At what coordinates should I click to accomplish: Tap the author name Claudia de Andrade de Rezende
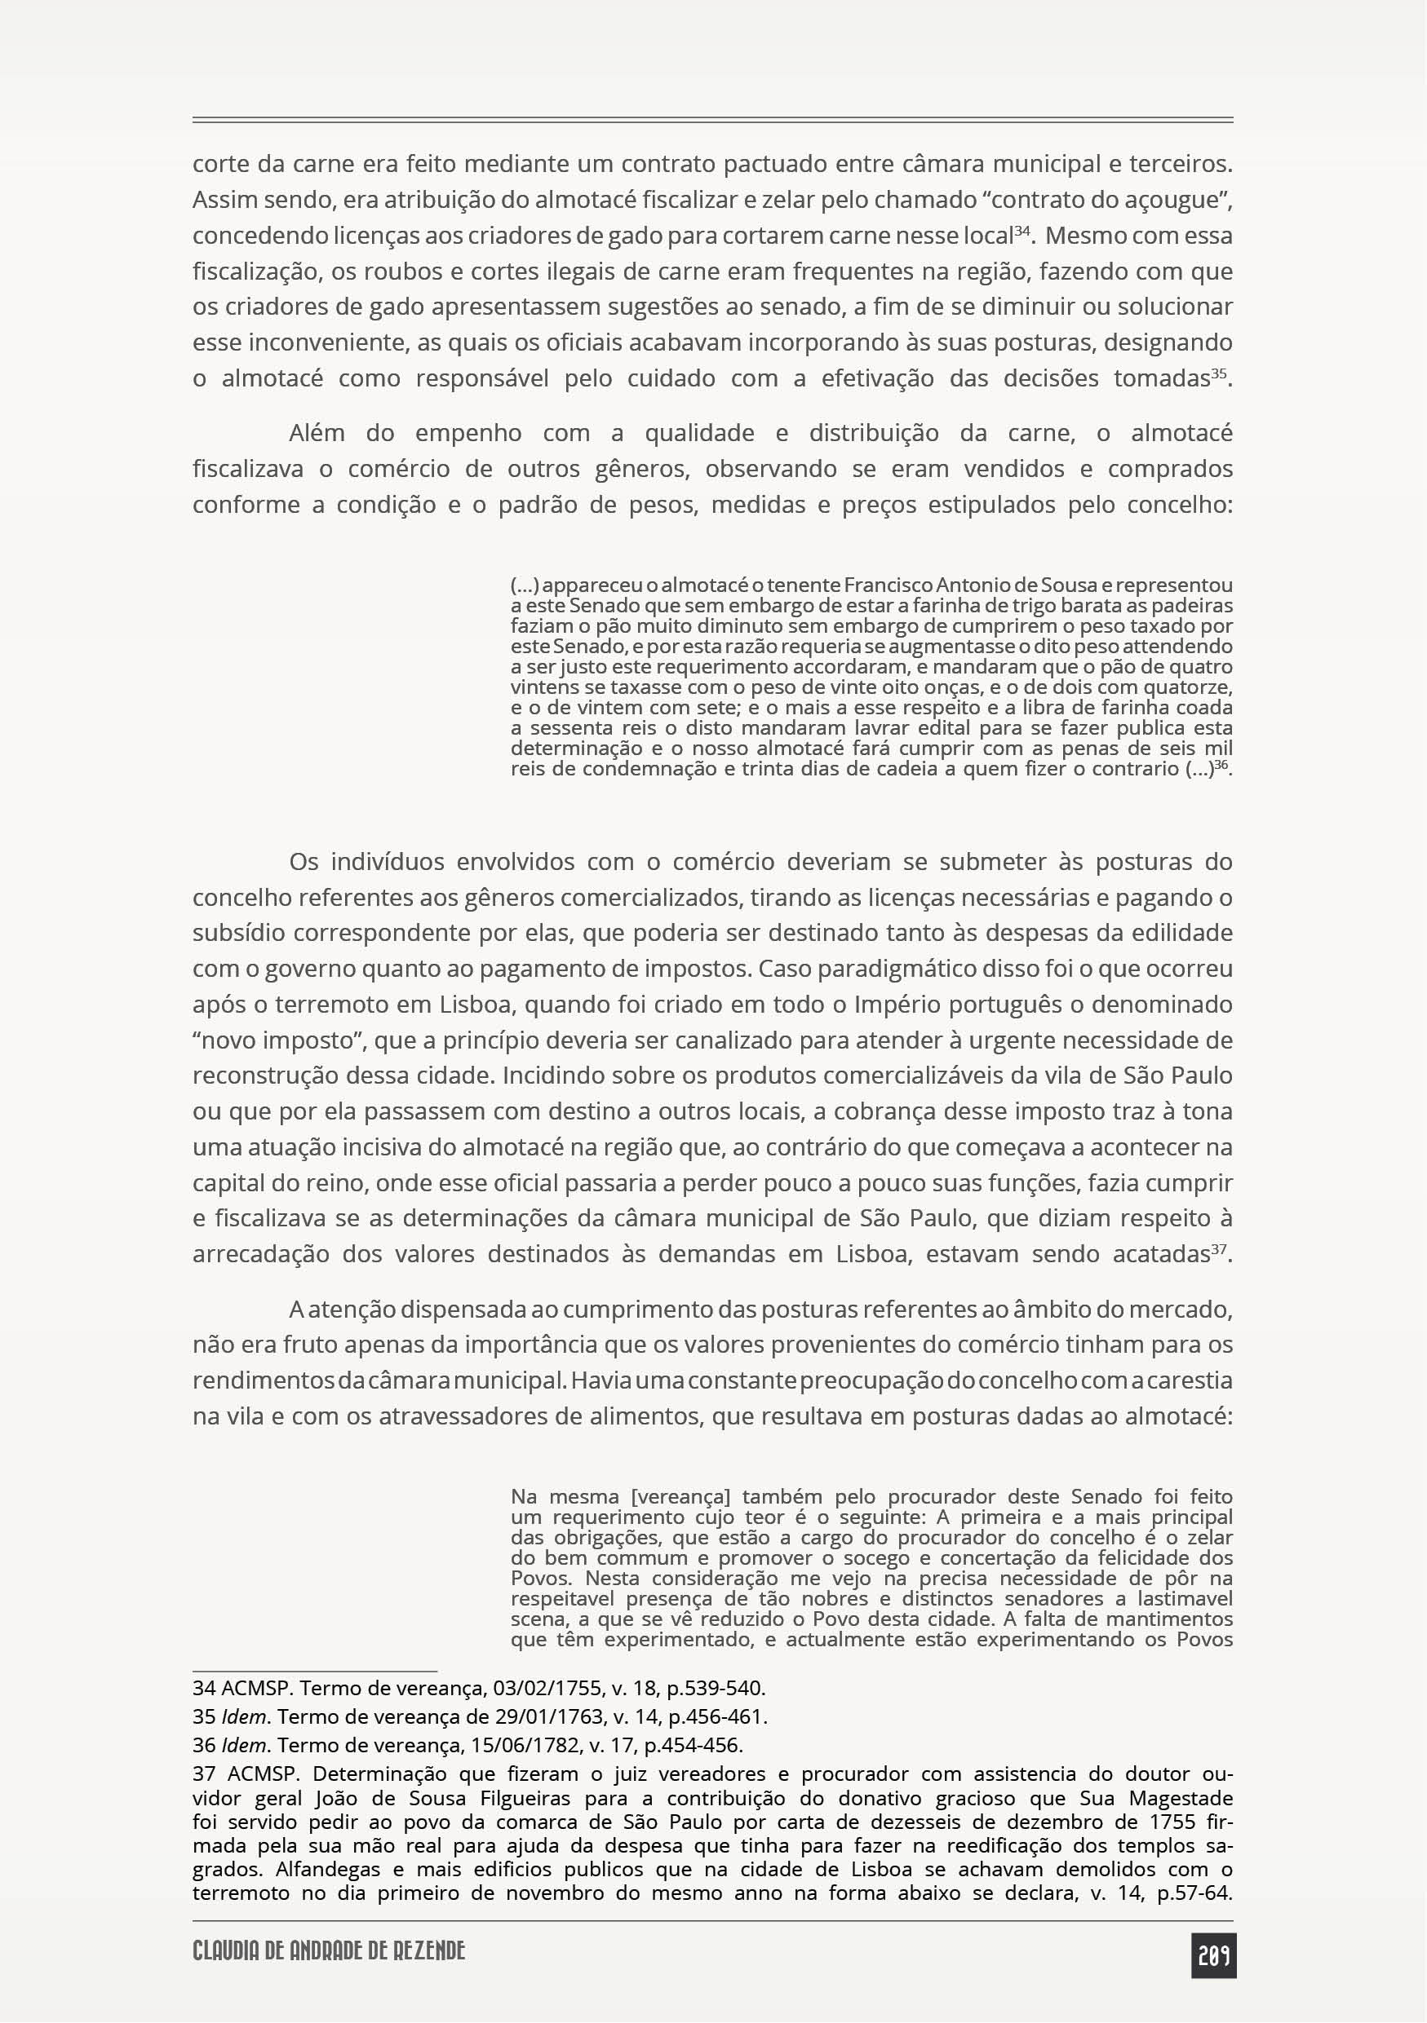(329, 1950)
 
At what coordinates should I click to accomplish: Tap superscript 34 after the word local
(1022, 231)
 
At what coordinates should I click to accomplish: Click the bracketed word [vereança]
(681, 1497)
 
